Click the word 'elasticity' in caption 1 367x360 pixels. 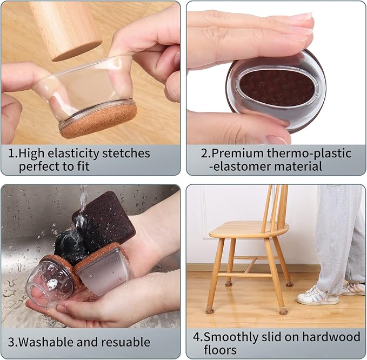[74, 154]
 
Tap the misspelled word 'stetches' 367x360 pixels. [126, 154]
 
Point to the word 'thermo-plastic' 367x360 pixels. [309, 154]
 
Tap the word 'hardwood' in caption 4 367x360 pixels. [331, 337]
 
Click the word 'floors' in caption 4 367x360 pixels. [220, 350]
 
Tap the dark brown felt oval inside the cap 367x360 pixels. [277, 88]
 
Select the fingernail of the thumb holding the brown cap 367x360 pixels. [276, 139]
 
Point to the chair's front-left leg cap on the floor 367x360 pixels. [210, 310]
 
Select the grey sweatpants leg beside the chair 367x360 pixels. [330, 239]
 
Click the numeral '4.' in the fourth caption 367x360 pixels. [198, 337]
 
